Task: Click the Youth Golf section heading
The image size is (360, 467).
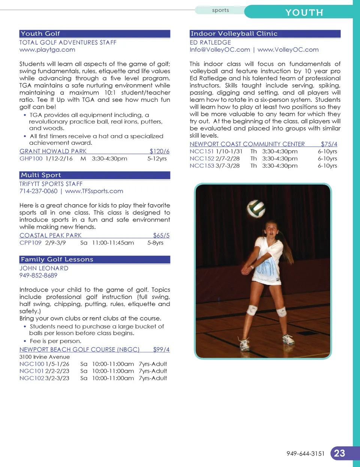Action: (40, 34)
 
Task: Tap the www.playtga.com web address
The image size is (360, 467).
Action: (47, 50)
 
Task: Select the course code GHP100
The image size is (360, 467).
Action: (31, 159)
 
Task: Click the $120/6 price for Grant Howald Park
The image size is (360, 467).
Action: (159, 151)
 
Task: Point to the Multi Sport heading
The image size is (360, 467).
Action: (41, 175)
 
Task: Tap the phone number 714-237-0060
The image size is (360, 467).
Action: (38, 191)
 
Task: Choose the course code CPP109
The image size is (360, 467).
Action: (30, 243)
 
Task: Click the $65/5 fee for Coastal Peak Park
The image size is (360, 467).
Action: (161, 236)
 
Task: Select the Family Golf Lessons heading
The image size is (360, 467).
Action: (57, 260)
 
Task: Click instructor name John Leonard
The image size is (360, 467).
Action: (44, 268)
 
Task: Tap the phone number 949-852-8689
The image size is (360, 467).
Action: (38, 275)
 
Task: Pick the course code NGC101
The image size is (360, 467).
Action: (31, 371)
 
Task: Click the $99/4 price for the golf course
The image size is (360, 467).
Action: (161, 350)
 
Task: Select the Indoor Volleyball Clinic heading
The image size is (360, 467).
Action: (234, 34)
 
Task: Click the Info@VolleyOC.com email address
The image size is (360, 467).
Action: (220, 50)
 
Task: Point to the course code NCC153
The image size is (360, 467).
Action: (202, 166)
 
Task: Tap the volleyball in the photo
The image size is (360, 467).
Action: (256, 208)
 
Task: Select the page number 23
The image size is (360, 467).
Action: (339, 453)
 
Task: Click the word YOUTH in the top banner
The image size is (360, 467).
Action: (304, 13)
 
